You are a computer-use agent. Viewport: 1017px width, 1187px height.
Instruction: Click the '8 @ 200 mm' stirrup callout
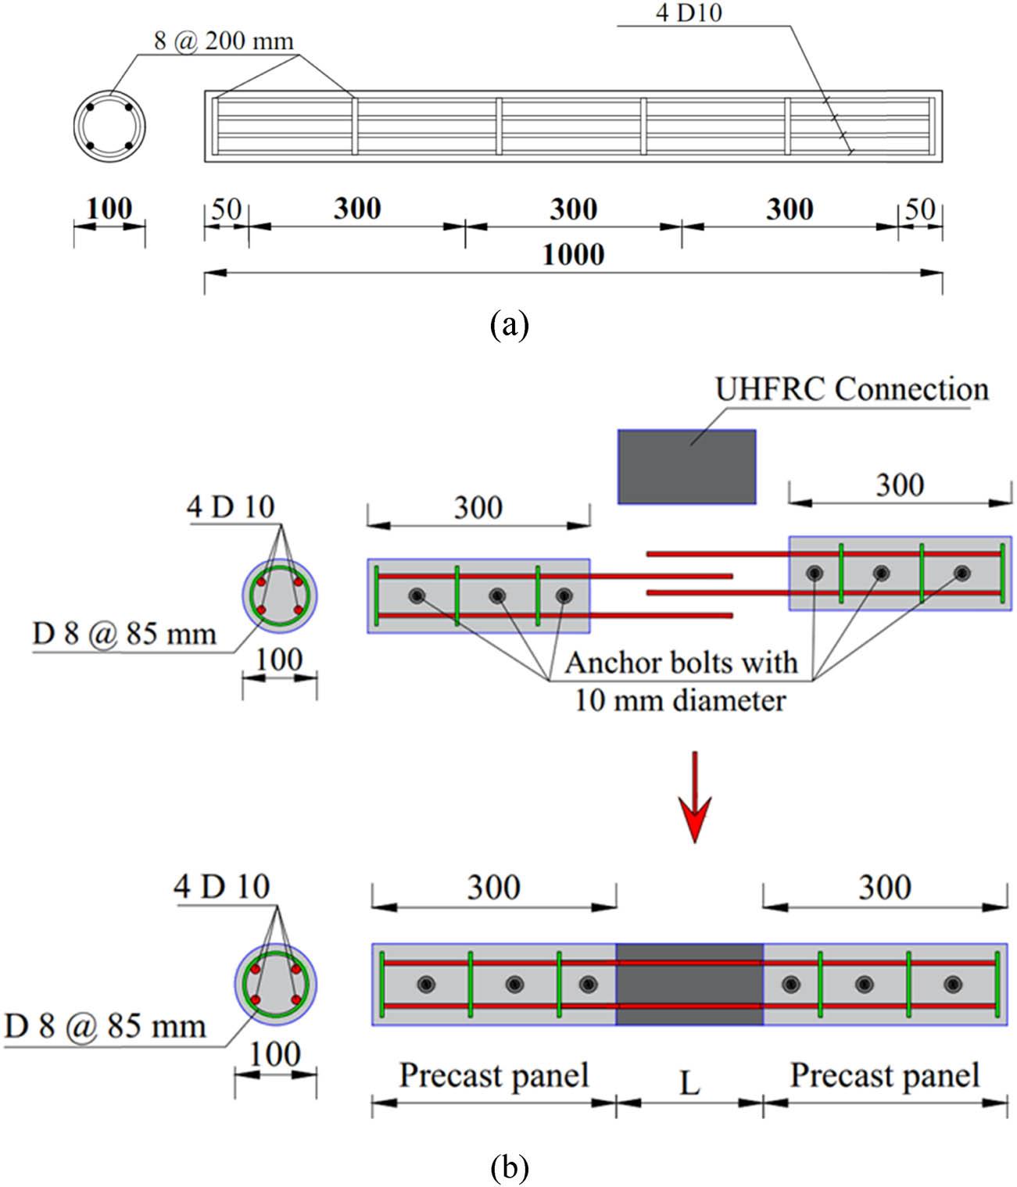(224, 41)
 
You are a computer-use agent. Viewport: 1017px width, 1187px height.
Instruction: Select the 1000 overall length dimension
(573, 255)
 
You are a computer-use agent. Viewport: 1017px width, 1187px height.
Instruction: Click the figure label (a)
(509, 323)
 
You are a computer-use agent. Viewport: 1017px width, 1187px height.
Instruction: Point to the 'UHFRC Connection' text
(852, 389)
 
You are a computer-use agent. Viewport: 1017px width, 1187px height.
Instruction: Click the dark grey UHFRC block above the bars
(686, 467)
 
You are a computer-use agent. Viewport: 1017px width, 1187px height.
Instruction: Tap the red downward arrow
(693, 798)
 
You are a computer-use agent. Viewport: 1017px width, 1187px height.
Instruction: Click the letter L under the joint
(689, 1084)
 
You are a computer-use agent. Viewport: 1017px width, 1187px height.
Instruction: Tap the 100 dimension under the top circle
(109, 209)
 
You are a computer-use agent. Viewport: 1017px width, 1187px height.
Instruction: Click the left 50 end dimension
(226, 209)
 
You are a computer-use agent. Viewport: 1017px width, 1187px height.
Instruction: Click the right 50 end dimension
(919, 209)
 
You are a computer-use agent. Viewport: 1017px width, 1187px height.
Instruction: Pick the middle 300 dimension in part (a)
(573, 209)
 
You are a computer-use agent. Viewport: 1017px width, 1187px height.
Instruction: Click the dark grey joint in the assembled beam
(689, 984)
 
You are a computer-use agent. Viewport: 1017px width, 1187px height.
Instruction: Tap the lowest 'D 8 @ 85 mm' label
(105, 1025)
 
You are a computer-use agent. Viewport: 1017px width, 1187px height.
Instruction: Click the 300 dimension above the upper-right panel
(900, 485)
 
